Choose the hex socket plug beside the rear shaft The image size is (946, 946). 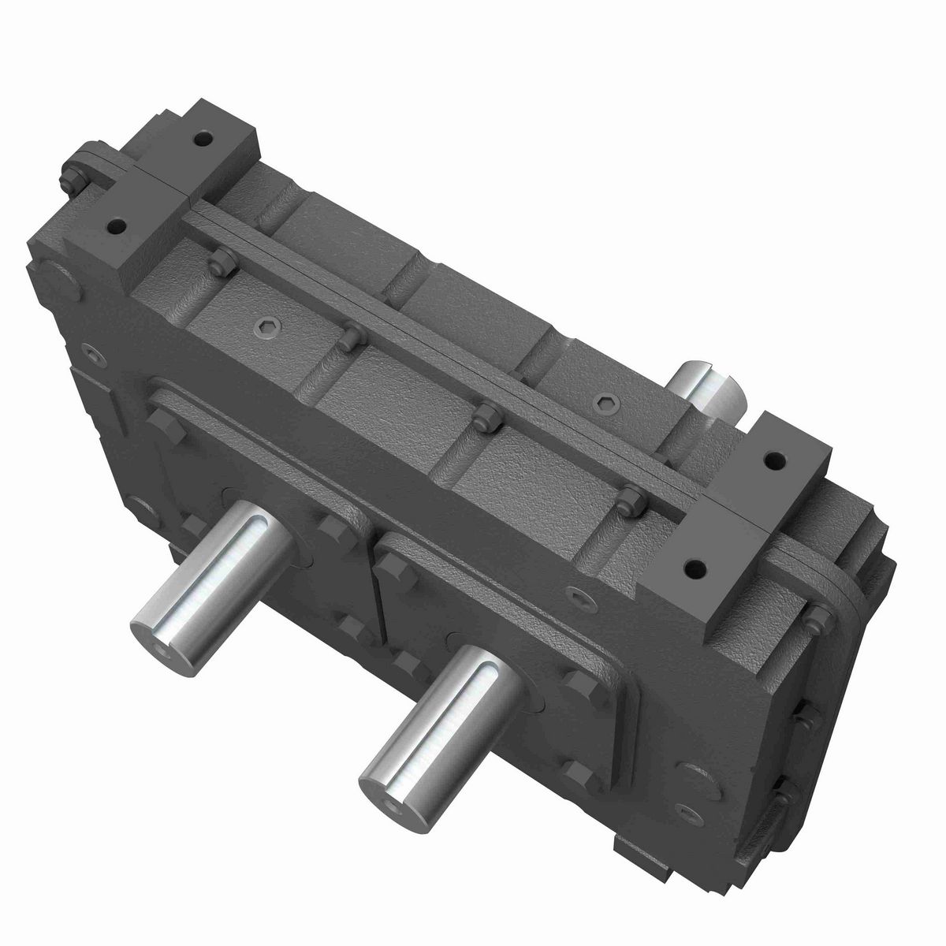pyautogui.click(x=604, y=402)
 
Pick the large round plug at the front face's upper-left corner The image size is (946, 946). pyautogui.click(x=52, y=280)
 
